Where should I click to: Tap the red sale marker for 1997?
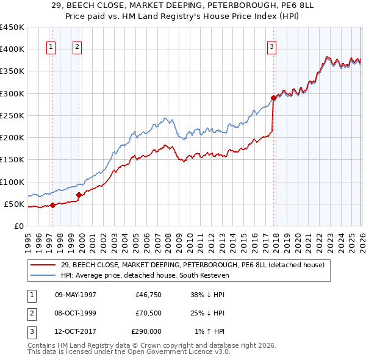tap(52, 205)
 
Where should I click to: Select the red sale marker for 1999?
tap(79, 195)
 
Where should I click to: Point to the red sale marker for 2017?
tap(273, 98)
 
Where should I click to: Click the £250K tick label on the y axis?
tap(12, 115)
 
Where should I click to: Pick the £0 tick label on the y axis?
tap(20, 226)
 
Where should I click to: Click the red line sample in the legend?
tap(44, 265)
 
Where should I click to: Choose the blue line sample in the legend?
tap(44, 275)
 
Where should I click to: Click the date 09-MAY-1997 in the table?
tap(76, 294)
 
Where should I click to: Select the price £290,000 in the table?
tap(146, 332)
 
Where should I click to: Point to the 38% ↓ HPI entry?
tap(207, 294)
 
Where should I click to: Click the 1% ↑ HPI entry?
tap(209, 332)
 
